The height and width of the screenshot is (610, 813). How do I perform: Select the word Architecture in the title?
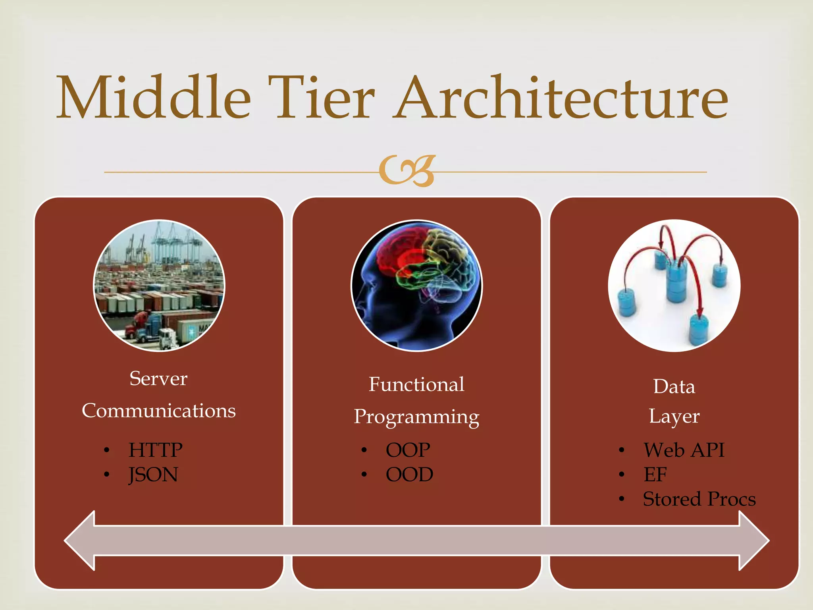click(561, 98)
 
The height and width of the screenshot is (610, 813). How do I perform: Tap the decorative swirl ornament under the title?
click(406, 171)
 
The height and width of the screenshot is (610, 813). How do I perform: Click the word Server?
click(158, 378)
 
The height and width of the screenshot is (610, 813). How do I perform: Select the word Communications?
click(158, 411)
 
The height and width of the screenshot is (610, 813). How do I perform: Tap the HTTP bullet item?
click(155, 450)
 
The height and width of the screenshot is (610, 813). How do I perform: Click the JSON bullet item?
click(153, 475)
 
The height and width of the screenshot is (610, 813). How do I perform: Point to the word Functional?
click(416, 384)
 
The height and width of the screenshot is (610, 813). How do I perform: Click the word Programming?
click(416, 417)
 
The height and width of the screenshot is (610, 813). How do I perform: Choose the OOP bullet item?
click(408, 450)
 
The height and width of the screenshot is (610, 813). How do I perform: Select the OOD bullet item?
click(409, 475)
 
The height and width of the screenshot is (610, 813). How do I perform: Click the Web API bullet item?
click(684, 450)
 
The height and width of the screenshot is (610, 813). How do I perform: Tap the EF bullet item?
click(655, 475)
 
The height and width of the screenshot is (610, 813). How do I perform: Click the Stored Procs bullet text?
click(699, 499)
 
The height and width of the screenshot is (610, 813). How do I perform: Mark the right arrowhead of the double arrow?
click(752, 541)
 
